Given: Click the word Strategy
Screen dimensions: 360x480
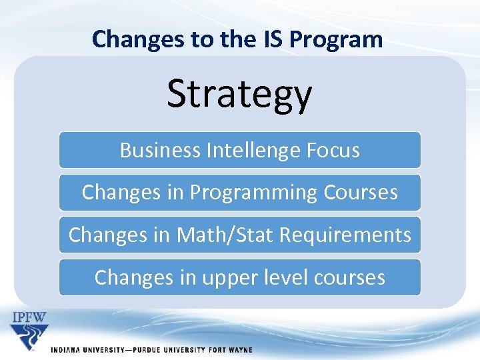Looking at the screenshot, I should point(239,94).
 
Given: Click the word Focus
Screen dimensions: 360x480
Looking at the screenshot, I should point(333,150).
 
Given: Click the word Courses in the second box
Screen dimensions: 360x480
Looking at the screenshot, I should point(361,192).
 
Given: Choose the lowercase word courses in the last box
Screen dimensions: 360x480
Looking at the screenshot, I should point(353,277).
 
